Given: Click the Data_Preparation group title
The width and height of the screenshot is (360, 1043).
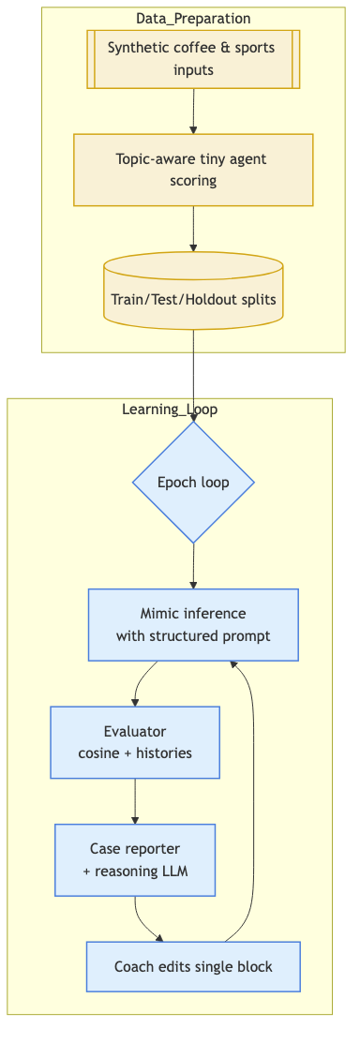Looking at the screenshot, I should coord(193,18).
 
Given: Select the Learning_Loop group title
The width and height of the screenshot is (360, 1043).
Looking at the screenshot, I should coord(170,409).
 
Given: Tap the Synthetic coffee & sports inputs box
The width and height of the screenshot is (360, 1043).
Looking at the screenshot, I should coord(193,59).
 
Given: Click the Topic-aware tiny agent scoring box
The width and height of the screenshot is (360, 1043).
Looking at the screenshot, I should coord(193,170).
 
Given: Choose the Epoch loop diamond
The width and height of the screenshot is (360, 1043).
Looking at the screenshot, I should coord(193,483).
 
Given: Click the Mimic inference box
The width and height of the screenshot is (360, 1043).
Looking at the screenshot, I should coord(193,625).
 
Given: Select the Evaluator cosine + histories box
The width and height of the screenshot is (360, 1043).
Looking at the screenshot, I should coord(135,742).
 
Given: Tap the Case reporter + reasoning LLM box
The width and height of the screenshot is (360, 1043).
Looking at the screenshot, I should coord(135,859).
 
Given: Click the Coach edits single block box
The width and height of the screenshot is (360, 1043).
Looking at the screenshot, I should coord(193,966).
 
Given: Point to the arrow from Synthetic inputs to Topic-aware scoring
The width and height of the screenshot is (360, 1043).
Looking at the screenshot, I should coord(193,111).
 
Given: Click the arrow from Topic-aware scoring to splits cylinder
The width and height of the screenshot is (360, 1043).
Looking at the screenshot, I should coord(193,228).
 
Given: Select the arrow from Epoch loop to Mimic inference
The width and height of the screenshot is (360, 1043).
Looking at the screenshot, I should coord(193,565).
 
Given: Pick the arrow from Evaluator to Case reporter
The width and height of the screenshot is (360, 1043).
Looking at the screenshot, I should coord(135,800).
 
